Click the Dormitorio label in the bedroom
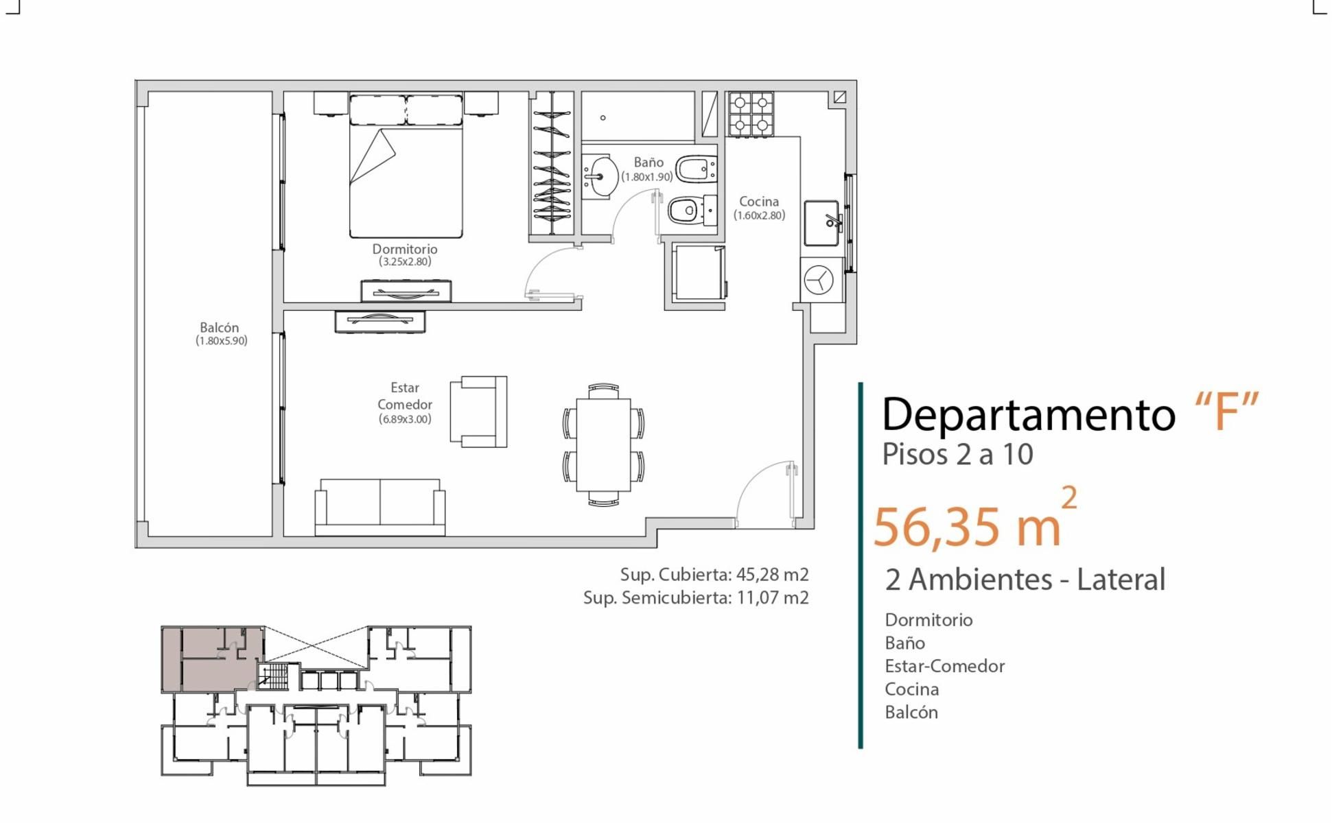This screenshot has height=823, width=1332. pos(405,249)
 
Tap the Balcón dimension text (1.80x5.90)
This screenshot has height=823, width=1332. pos(221,341)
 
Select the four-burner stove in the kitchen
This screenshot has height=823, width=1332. pos(751,114)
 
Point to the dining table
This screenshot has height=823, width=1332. pos(603,444)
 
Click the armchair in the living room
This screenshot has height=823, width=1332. pos(478,411)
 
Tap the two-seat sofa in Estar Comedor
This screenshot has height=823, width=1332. pos(379,508)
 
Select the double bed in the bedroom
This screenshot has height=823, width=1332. pos(406,166)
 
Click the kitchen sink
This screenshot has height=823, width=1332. pos(822,223)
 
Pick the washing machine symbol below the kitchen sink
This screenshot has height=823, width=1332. pos(819,280)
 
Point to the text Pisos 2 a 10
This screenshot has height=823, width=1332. pos(957,454)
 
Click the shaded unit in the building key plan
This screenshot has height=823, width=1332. pos(213,659)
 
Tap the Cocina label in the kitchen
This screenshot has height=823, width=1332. pos(759,202)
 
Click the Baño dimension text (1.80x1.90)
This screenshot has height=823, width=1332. pos(647,177)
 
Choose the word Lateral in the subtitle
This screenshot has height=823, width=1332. pos(1121,580)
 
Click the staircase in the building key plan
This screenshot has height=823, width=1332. pos(276,676)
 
